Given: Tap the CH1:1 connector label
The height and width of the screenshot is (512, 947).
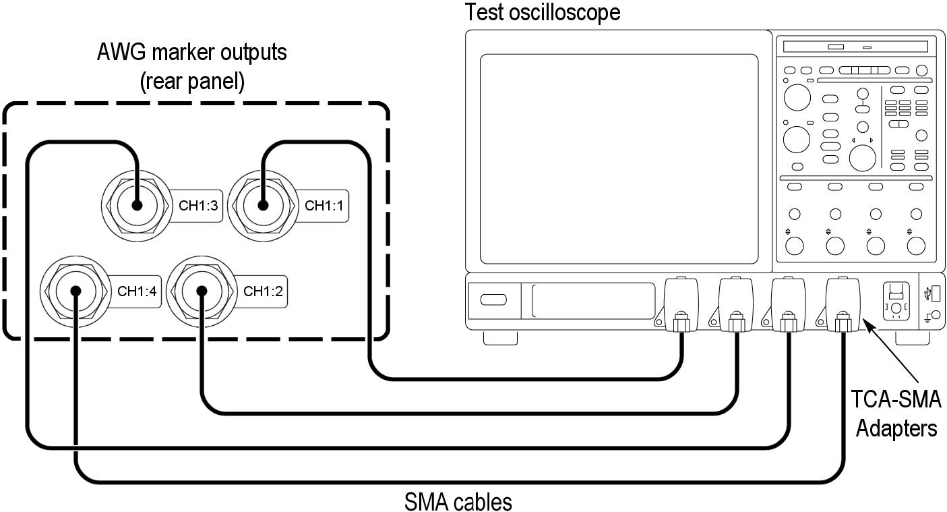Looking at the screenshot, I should click(324, 206).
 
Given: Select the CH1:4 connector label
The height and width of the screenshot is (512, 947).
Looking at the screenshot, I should click(138, 291).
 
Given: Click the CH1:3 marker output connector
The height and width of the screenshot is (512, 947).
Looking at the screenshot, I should click(136, 205).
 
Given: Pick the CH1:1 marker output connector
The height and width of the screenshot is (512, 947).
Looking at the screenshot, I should click(262, 205).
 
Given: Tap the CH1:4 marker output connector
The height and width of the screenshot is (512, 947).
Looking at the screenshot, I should click(75, 291).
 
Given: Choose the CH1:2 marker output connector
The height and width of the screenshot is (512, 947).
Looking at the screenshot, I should click(201, 291).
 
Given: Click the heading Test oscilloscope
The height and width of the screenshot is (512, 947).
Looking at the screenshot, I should click(543, 12).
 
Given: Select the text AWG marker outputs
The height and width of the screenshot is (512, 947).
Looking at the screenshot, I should click(192, 52).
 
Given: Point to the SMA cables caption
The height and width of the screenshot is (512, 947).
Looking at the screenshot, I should click(458, 502).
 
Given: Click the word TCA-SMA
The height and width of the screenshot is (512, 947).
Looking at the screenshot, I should click(896, 400).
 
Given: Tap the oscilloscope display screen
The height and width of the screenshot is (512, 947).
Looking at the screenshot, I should click(619, 159).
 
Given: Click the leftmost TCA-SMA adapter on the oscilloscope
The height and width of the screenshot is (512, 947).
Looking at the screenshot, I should click(681, 305).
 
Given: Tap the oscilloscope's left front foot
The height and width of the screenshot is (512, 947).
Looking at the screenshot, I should click(500, 337).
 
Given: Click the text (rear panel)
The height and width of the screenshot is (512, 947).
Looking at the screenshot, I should click(192, 82).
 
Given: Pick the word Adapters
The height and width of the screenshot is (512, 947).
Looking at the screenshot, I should click(896, 428).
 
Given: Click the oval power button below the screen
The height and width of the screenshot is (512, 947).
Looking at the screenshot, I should click(493, 300).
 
